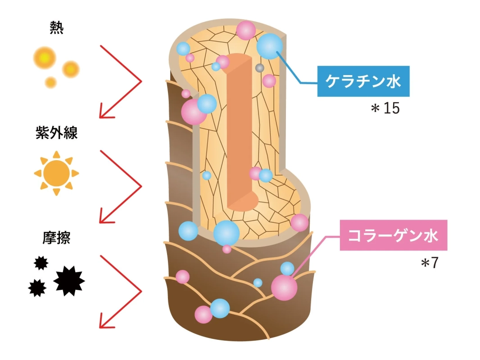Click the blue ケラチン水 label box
(x=363, y=81)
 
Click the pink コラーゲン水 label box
(x=393, y=235)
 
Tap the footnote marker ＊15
(x=385, y=109)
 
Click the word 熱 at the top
(x=56, y=29)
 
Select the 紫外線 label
(x=56, y=133)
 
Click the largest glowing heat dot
(x=45, y=58)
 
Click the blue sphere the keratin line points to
(x=270, y=46)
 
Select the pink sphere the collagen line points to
(x=285, y=288)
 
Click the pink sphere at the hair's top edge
(x=246, y=30)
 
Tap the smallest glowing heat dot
(x=51, y=82)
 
